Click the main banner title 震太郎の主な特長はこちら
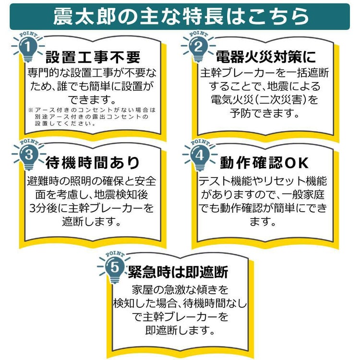point(180,16)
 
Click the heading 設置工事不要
point(93,57)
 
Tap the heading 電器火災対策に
point(266,57)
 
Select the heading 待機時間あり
point(93,163)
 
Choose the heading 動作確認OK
point(264,163)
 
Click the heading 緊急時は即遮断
point(178,272)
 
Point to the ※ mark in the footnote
point(31,110)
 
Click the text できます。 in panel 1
point(92,100)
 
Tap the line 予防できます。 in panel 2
point(264,113)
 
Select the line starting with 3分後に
point(92,208)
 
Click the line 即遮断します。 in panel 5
point(180,330)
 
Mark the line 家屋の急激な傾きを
point(180,290)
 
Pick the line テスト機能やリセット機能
point(263,181)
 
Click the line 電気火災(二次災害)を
point(264,100)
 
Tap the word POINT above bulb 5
point(115,254)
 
